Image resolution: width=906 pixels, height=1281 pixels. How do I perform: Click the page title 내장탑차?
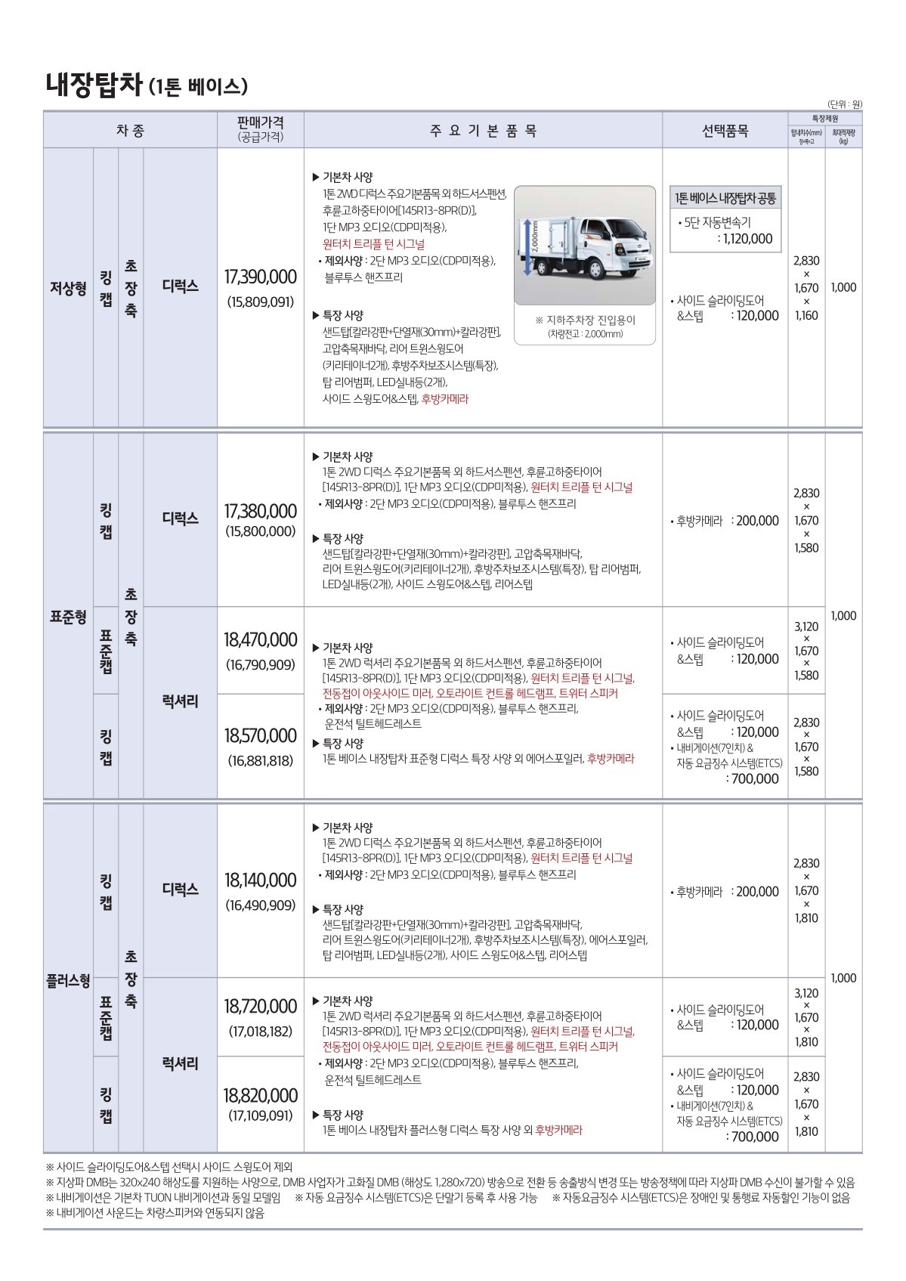click(93, 83)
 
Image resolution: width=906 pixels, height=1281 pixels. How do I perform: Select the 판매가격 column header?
click(260, 122)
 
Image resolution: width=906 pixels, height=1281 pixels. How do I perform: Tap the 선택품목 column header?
click(725, 130)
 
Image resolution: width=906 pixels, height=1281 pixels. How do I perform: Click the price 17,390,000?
click(261, 277)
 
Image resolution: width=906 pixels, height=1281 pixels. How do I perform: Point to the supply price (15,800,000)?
click(261, 531)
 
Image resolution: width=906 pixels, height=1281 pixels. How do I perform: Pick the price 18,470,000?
click(261, 640)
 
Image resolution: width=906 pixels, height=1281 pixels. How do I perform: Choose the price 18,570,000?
click(261, 735)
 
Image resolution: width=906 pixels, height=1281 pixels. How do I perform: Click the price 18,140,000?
click(261, 880)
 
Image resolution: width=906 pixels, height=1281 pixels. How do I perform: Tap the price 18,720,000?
click(261, 1006)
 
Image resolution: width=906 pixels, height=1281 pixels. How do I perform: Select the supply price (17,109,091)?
click(261, 1115)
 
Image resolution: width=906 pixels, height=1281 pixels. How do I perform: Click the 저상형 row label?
click(68, 288)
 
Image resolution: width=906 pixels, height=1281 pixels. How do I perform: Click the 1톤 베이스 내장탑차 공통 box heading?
click(725, 199)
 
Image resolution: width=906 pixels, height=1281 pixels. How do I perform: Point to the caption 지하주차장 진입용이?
click(585, 320)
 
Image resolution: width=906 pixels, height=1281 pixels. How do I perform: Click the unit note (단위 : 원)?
click(844, 104)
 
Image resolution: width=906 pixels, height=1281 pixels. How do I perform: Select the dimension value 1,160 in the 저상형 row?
click(806, 315)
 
